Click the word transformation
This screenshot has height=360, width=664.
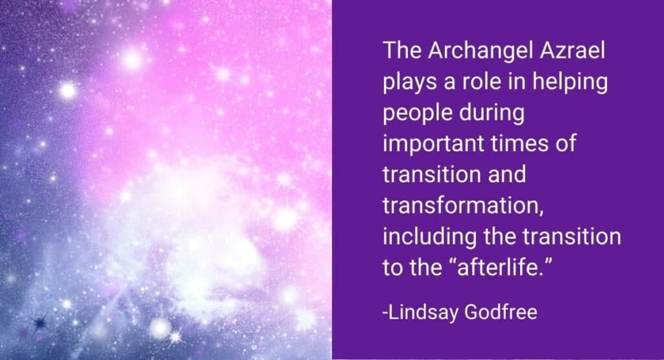463,206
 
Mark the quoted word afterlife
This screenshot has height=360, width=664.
499,267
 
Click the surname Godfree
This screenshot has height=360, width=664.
501,312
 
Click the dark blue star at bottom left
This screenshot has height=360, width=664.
40,323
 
